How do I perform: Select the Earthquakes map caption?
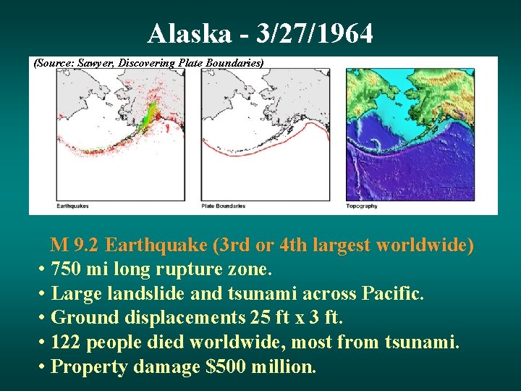coord(72,206)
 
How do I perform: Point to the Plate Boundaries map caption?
coord(223,206)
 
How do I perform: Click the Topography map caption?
coord(362,206)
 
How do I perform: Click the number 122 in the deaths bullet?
coord(67,342)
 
